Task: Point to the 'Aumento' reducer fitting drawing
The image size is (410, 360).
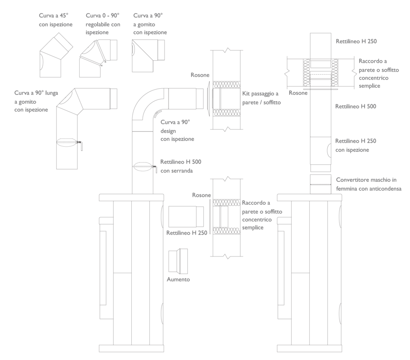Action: (178, 261)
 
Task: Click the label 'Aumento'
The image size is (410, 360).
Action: (178, 279)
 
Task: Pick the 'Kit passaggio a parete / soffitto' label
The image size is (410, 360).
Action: (262, 98)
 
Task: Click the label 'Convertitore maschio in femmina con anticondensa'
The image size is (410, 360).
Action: (369, 184)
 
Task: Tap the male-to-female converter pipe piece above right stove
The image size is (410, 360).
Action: (321, 184)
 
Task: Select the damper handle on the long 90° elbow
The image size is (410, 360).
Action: (81, 145)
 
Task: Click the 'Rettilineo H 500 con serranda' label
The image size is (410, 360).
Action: (181, 166)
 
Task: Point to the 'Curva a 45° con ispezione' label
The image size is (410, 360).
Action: (55, 20)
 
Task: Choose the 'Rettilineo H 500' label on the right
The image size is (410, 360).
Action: (356, 106)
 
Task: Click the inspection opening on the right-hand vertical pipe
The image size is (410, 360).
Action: (329, 151)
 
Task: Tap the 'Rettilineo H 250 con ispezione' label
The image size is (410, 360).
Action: (356, 145)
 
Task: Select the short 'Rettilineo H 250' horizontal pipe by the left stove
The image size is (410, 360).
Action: (186, 216)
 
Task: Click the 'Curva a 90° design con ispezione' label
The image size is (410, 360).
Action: (177, 130)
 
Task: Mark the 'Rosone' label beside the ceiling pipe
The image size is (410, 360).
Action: (298, 93)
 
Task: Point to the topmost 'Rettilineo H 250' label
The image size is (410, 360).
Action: (356, 41)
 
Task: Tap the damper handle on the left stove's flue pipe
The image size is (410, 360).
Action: (155, 169)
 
